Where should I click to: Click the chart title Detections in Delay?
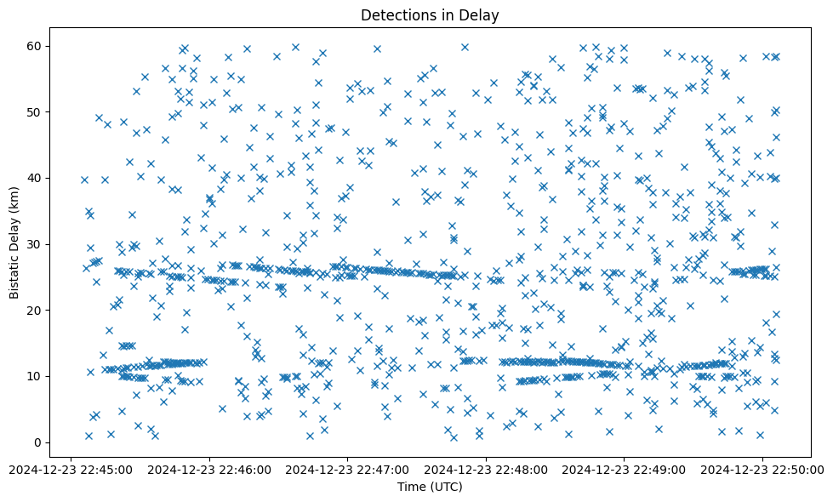[430, 14]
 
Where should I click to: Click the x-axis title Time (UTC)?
[430, 487]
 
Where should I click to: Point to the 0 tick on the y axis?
[38, 442]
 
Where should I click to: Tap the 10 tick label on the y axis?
[35, 376]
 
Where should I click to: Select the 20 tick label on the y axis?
[35, 311]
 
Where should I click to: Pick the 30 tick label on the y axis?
[35, 244]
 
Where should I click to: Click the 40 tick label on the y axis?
[35, 178]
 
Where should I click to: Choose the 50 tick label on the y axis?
[35, 112]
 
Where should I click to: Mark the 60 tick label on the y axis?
[35, 46]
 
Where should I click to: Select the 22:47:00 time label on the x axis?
[348, 469]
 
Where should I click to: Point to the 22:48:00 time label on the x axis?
[487, 469]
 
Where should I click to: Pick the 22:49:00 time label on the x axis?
[625, 469]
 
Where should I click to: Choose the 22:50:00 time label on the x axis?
[762, 469]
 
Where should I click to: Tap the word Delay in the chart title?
[480, 14]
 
